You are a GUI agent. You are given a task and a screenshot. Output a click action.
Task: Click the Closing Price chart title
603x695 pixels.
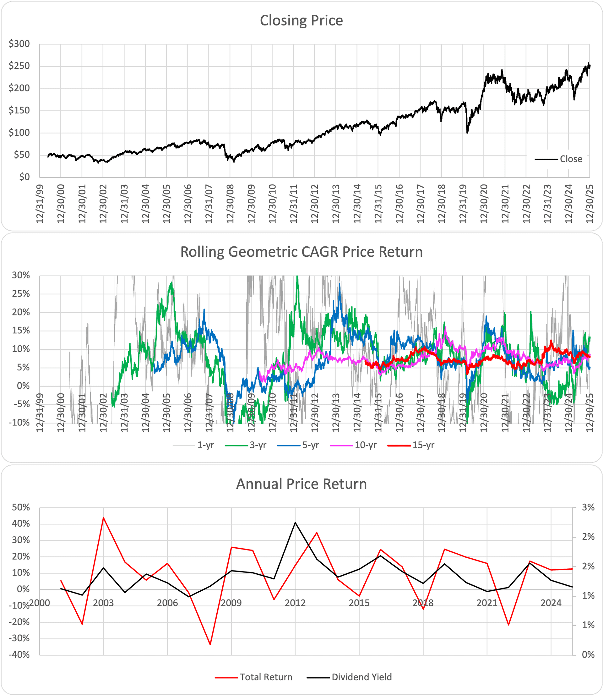point(301,20)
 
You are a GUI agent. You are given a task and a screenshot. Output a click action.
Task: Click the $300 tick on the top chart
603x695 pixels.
point(19,44)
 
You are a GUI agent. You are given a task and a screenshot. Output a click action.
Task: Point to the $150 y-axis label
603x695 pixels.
point(19,110)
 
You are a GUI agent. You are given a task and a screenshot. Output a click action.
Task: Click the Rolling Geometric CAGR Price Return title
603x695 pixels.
point(301,252)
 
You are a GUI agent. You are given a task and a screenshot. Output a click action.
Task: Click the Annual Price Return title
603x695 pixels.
point(301,484)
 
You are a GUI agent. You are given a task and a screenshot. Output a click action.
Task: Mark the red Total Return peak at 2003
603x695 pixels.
point(103,517)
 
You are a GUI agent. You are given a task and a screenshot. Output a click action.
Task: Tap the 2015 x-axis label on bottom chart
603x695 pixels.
point(359,603)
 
